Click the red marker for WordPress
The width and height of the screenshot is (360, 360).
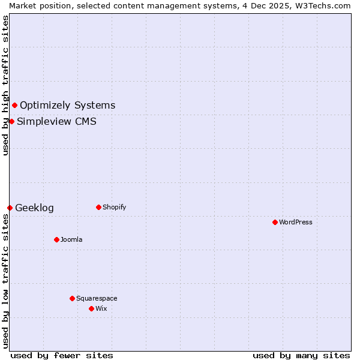(275, 222)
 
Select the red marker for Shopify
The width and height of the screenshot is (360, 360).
(98, 207)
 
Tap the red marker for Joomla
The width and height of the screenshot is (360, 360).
(56, 239)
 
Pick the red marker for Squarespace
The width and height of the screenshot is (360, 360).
(72, 298)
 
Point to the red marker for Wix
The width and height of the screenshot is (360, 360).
(91, 308)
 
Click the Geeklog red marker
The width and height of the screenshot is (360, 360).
(10, 208)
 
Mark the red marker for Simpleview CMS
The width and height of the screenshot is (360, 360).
(11, 121)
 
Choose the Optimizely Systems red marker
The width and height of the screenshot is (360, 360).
(14, 105)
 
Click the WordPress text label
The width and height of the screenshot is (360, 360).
(296, 222)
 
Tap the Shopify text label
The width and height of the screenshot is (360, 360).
(115, 207)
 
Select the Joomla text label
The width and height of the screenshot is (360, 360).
(71, 239)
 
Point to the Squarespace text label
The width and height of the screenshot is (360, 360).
(97, 298)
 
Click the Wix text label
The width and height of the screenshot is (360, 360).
(101, 308)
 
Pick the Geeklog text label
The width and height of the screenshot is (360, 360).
(34, 208)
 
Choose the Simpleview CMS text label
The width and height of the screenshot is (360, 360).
(56, 122)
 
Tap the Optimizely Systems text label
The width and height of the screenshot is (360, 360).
(67, 106)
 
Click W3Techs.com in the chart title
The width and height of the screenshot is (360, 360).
(327, 5)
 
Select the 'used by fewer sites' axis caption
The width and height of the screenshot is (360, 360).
(62, 355)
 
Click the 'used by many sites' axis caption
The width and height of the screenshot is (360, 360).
(301, 355)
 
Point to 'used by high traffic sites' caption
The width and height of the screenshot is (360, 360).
(5, 85)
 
